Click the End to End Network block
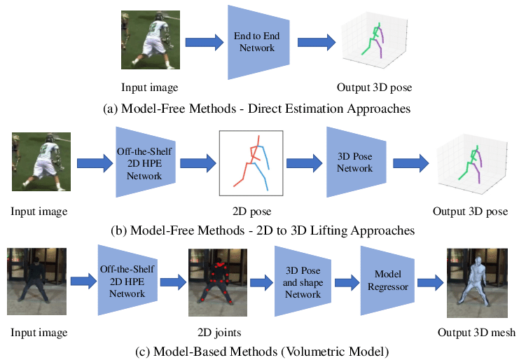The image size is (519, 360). tap(258, 42)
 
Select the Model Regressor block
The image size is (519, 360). tap(387, 281)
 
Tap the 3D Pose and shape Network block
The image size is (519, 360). tap(303, 282)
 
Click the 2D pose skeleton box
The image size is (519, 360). tap(251, 163)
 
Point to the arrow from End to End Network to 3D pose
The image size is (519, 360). tap(317, 42)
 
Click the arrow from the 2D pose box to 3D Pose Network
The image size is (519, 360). tap(304, 163)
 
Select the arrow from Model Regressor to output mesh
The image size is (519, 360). tap(430, 282)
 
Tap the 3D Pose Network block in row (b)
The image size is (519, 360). tap(356, 162)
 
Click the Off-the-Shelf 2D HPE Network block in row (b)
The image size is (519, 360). tap(145, 162)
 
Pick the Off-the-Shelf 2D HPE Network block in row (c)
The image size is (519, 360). tap(127, 281)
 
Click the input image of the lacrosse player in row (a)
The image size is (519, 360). tap(151, 40)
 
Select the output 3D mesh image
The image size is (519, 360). tap(477, 283)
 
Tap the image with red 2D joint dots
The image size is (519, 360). tap(218, 282)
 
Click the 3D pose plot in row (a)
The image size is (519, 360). tap(374, 40)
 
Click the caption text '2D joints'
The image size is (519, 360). tap(219, 332)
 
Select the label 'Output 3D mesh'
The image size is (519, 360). tap(477, 332)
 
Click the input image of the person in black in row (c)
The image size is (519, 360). tap(36, 282)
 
